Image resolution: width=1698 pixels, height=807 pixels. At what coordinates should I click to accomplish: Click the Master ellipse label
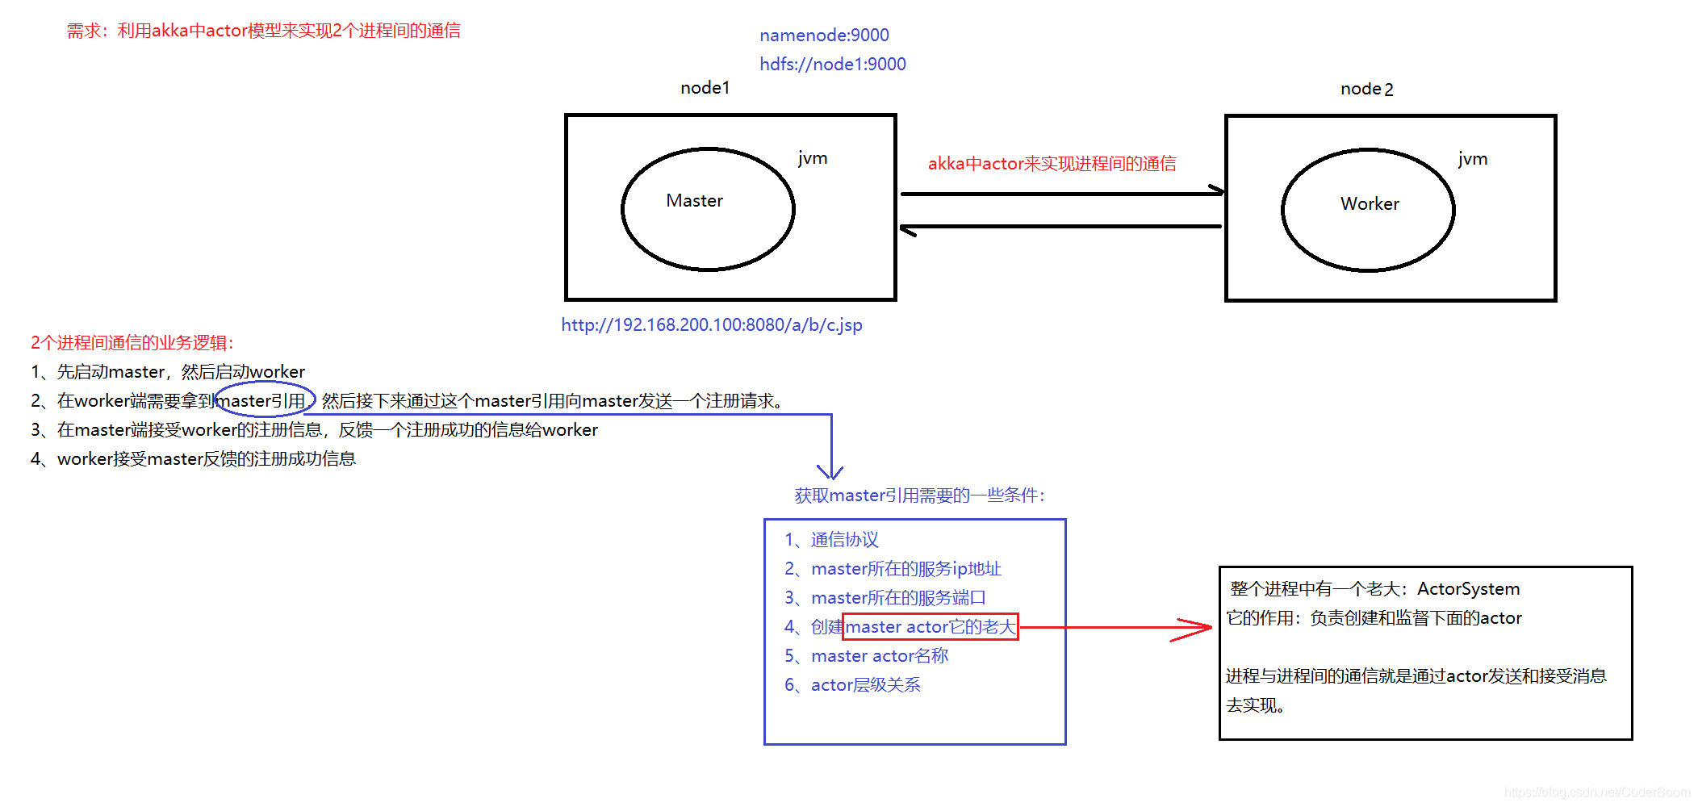pos(694,201)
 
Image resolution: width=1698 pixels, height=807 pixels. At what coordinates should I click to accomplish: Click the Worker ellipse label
pos(1370,204)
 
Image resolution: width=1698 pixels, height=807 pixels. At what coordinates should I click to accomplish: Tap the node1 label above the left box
pos(705,88)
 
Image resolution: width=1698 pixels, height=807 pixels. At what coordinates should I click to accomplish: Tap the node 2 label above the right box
pos(1366,90)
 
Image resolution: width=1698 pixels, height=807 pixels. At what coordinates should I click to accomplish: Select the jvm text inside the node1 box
pos(813,158)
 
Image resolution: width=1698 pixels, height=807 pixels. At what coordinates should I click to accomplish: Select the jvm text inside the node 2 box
pos(1473,159)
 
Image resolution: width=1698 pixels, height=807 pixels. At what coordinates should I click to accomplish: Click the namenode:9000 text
pos(824,36)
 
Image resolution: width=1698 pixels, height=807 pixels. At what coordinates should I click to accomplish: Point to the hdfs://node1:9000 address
pos(832,65)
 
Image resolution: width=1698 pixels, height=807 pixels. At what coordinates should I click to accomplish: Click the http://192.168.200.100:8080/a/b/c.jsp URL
pos(712,325)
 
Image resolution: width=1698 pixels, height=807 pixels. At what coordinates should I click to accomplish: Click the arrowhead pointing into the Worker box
pos(1217,191)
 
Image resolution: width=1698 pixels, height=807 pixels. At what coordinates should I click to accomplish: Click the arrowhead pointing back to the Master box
pos(908,230)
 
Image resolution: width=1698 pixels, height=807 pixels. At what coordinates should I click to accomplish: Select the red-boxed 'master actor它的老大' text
pos(930,627)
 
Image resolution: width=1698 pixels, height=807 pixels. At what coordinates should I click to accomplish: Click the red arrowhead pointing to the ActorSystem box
pos(1198,629)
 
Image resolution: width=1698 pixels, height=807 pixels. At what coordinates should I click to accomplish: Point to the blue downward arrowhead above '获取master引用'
pos(830,471)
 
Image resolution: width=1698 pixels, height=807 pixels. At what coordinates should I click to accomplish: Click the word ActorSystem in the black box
pos(1468,589)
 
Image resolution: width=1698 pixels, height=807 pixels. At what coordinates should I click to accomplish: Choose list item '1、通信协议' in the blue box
pos(831,540)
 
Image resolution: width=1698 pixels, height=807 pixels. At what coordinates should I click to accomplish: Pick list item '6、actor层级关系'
pos(852,685)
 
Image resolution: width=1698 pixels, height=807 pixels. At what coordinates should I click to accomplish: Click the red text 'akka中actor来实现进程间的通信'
pos(1052,164)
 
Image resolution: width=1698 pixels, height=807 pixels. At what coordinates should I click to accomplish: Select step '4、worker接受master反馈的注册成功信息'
pos(194,459)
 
